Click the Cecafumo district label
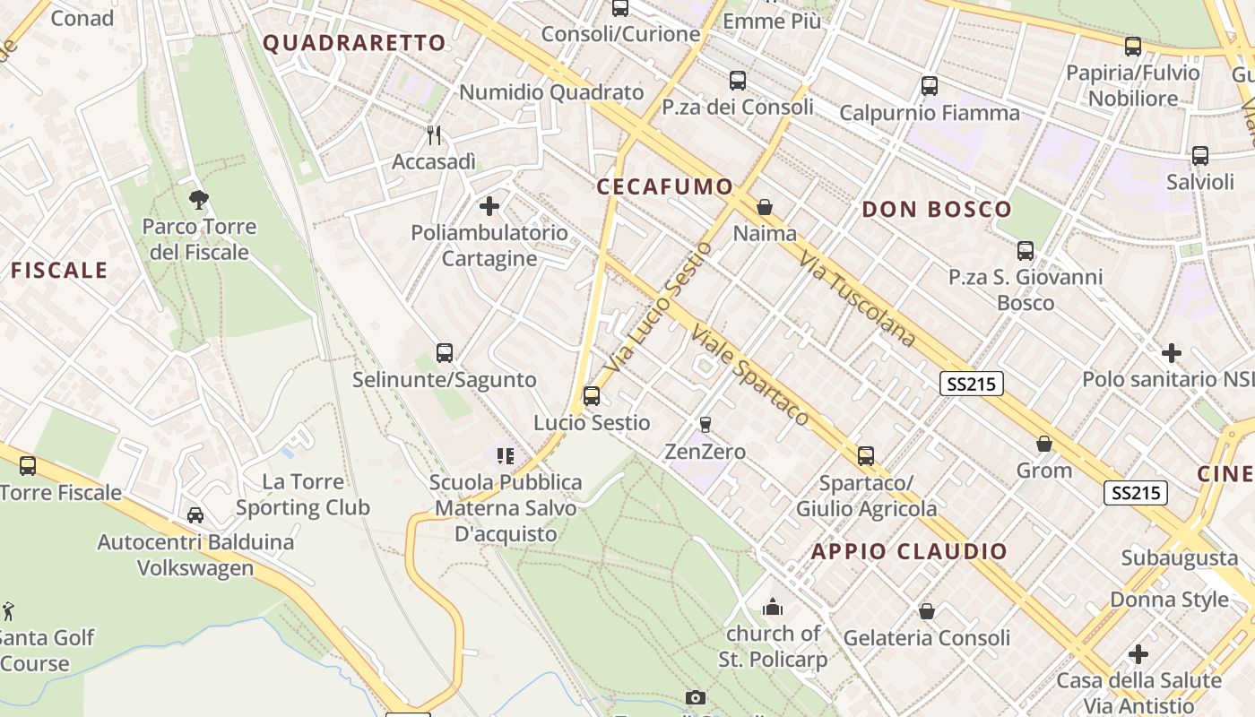coord(665,186)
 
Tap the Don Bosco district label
coord(937,210)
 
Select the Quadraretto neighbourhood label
coord(354,43)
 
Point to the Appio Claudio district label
coord(909,551)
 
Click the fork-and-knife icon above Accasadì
coord(435,135)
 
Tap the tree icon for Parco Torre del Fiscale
coord(199,199)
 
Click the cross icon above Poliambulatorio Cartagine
coord(489,206)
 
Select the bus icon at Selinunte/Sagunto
coord(445,353)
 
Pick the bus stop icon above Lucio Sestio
coord(592,395)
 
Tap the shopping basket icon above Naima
coord(765,207)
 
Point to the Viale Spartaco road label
coord(749,375)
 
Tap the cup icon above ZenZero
coord(705,424)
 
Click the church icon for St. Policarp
coord(773,608)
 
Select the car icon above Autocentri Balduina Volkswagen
coord(195,515)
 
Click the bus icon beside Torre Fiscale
coord(28,465)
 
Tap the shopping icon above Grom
coord(1044,444)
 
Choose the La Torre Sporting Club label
coord(303,495)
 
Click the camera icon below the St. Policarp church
coord(695,697)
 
